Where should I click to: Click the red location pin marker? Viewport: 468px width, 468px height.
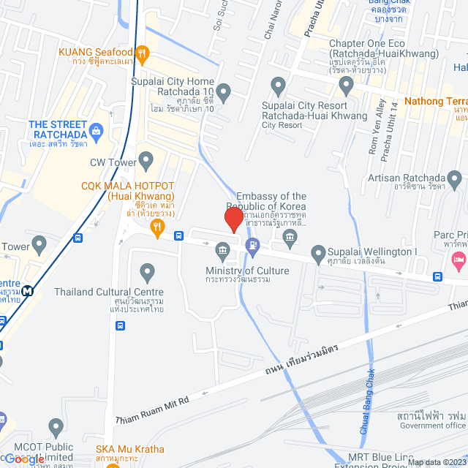click(x=233, y=219)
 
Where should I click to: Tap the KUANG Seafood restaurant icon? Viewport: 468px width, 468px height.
click(x=143, y=53)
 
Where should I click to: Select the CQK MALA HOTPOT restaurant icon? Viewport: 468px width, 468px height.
click(x=156, y=229)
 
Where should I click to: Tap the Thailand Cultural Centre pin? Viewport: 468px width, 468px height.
click(x=148, y=273)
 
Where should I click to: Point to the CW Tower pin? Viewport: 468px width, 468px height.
click(x=146, y=160)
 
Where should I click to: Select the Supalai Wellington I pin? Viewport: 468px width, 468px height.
click(x=318, y=254)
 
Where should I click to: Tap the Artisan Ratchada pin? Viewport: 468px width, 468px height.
click(x=455, y=178)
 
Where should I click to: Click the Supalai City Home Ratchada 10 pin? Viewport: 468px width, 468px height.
click(x=224, y=91)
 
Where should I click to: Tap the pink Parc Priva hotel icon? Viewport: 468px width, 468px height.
click(x=458, y=259)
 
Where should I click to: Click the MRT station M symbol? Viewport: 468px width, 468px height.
click(x=28, y=290)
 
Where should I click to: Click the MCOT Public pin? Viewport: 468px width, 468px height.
click(x=56, y=426)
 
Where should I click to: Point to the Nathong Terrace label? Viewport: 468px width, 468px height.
click(x=435, y=102)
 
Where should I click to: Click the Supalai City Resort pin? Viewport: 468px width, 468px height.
click(x=278, y=88)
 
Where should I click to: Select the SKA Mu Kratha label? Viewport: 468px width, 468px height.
click(x=130, y=449)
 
